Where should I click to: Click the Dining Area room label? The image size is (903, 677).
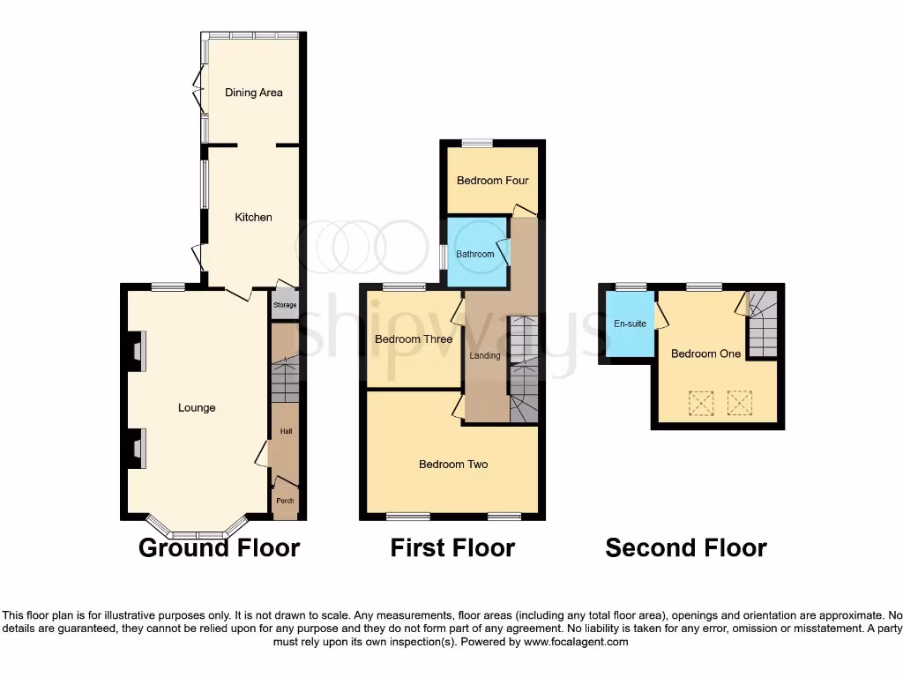tap(253, 93)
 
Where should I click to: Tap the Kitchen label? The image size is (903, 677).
tap(253, 218)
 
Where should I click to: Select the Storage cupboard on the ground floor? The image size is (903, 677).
tap(285, 305)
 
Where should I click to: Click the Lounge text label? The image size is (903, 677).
tap(197, 408)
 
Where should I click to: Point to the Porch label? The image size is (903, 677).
tap(285, 501)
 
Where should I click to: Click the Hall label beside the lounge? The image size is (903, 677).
tap(286, 431)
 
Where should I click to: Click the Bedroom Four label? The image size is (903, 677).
tap(492, 181)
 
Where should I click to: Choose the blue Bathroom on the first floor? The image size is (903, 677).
tap(475, 254)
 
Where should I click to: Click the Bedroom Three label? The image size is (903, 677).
tap(414, 339)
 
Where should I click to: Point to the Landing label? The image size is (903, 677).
tap(485, 356)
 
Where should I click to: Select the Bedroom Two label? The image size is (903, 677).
tap(453, 465)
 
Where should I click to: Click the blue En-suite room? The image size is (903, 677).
tap(630, 324)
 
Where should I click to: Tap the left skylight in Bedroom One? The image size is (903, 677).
tap(701, 404)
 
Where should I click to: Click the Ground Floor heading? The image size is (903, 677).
tap(219, 548)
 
